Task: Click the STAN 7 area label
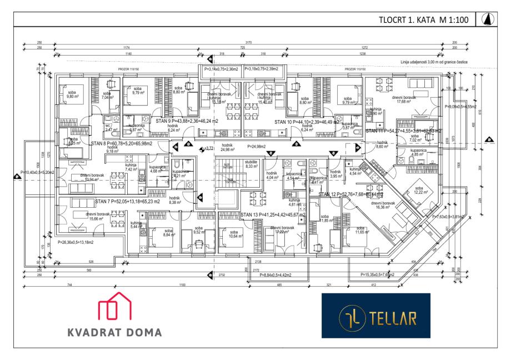coord(127,202)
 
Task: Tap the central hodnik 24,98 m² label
coord(229,149)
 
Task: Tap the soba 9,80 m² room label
coord(73,94)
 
